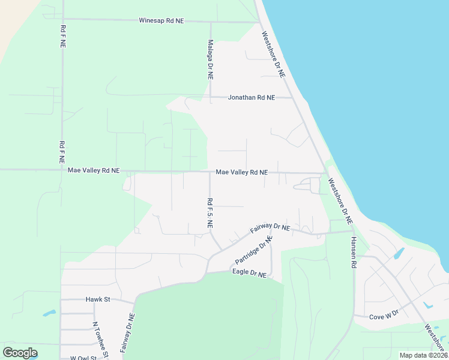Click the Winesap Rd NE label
pyautogui.click(x=161, y=21)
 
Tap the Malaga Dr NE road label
pyautogui.click(x=210, y=61)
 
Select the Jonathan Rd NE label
pyautogui.click(x=251, y=97)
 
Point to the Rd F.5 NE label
pyautogui.click(x=209, y=213)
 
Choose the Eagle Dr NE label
pyautogui.click(x=249, y=273)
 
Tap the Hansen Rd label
pyautogui.click(x=354, y=251)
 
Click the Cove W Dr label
pyautogui.click(x=384, y=317)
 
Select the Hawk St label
pyautogui.click(x=95, y=299)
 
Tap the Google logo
pyautogui.click(x=20, y=353)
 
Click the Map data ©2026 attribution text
pyautogui.click(x=423, y=355)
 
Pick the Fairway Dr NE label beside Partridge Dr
pyautogui.click(x=270, y=229)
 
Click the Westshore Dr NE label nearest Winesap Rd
pyautogui.click(x=275, y=58)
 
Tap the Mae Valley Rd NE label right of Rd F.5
pyautogui.click(x=241, y=172)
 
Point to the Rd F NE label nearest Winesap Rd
pyautogui.click(x=62, y=37)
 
